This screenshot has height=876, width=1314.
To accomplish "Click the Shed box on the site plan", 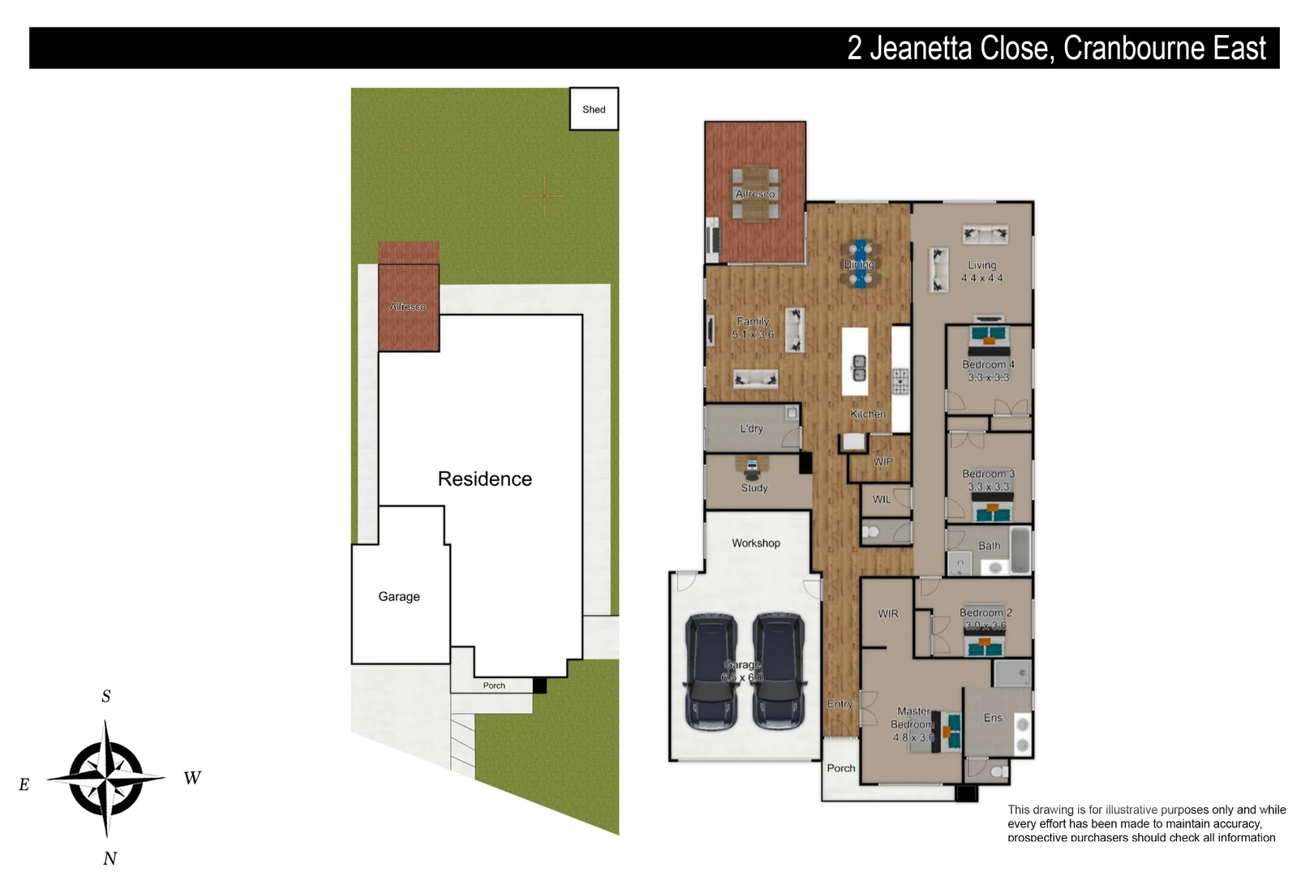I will (x=594, y=109).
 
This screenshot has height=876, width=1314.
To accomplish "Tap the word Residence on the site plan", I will (x=484, y=479).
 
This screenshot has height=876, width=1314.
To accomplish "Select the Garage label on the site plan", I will (x=398, y=596).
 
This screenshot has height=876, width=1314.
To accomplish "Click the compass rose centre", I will (x=106, y=779).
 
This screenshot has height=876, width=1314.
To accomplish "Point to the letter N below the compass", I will (x=110, y=858).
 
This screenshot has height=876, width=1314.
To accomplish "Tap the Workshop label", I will (x=755, y=543).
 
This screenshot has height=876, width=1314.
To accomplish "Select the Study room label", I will (x=754, y=487).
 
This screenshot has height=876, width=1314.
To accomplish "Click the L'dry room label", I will (x=751, y=428).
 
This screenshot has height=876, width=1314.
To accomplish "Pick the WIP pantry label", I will (x=882, y=462).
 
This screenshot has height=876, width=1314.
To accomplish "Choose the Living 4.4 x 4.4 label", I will (x=981, y=271).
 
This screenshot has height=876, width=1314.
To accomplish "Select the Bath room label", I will (x=989, y=546).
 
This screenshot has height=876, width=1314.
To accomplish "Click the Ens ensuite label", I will (x=993, y=718).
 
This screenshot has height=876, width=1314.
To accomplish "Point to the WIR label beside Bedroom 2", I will (x=887, y=614).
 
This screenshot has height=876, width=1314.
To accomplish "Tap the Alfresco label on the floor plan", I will (x=754, y=194).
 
